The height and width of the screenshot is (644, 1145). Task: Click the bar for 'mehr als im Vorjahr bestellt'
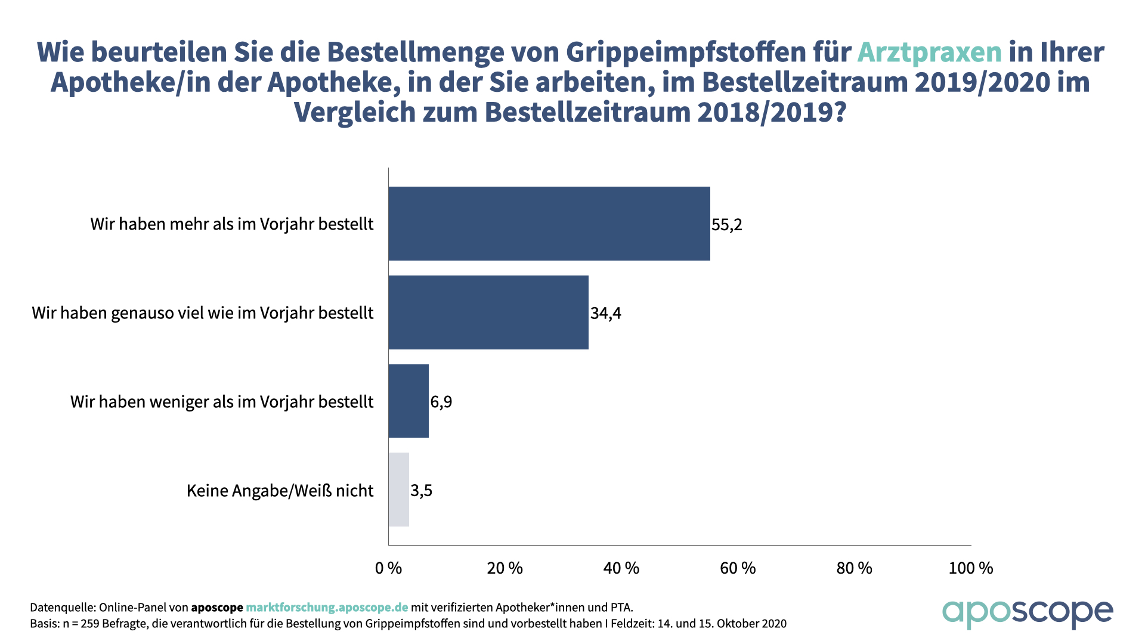549,224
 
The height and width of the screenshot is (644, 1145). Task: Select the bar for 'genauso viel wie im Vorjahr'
488,312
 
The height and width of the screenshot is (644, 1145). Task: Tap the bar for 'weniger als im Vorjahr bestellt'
409,401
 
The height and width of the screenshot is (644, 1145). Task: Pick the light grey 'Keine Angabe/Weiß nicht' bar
398,490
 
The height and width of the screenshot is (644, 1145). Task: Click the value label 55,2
726,225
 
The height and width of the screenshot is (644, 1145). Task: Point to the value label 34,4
605,313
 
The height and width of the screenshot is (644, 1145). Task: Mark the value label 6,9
441,402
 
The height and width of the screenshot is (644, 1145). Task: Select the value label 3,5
421,491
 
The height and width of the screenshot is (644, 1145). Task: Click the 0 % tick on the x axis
388,568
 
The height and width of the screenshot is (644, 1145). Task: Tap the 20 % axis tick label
505,568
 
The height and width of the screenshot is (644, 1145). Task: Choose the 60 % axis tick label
738,568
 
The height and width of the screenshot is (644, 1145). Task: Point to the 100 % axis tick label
970,568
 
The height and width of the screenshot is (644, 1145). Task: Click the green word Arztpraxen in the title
929,52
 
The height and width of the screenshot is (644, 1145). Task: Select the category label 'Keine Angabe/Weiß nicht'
280,491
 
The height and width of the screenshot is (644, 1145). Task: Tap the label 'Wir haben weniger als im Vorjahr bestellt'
222,402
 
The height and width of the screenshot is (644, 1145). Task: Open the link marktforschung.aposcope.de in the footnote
327,608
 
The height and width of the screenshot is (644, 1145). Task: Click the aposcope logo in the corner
1027,614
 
